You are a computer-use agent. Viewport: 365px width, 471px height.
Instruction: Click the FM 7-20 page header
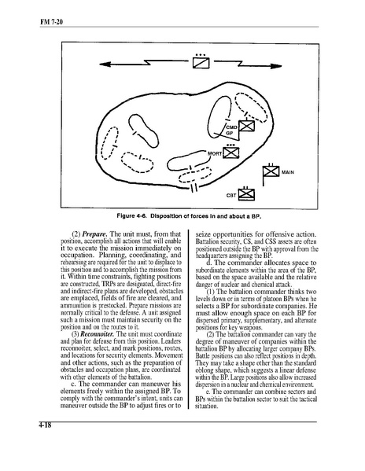[51, 22]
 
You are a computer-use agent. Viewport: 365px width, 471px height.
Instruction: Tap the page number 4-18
[45, 425]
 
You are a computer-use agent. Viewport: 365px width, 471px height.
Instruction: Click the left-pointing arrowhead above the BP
[105, 64]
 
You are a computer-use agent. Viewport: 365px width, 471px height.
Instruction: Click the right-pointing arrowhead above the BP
[276, 66]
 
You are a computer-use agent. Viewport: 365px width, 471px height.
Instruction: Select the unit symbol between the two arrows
[201, 62]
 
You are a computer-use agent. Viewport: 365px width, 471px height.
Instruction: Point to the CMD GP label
[231, 130]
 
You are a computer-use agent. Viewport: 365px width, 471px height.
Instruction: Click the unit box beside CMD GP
[247, 126]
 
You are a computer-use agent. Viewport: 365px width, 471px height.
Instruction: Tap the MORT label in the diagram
[215, 153]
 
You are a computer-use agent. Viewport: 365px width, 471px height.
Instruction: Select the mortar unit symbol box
[231, 153]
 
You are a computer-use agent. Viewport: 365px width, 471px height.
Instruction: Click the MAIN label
[288, 172]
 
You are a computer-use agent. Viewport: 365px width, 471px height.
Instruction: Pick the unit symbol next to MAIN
[271, 172]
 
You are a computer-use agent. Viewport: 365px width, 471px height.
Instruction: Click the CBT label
[231, 196]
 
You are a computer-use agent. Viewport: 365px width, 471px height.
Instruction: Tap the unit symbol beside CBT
[246, 195]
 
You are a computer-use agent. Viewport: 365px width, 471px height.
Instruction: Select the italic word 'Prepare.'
[95, 234]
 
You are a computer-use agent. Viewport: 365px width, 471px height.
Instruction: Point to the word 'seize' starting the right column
[203, 234]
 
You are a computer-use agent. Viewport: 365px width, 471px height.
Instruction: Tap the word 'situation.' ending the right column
[206, 407]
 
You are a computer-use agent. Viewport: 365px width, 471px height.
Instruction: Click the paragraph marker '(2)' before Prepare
[76, 234]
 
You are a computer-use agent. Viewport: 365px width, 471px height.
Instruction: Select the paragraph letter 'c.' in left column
[74, 385]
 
